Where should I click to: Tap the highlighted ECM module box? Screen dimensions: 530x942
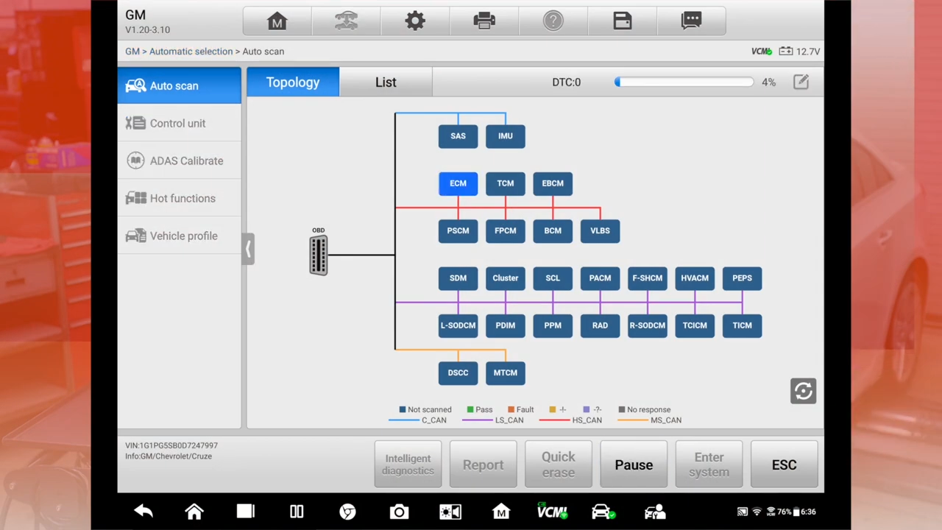coord(458,183)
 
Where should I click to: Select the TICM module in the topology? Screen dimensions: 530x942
coord(742,325)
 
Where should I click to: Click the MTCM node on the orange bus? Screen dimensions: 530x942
coord(505,372)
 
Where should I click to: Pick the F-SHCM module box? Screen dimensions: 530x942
coord(647,278)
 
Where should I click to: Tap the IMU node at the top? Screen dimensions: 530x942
coord(505,136)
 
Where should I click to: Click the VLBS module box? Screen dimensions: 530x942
coord(600,231)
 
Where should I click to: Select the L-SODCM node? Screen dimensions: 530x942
coord(458,325)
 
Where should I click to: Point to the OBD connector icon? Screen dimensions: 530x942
coord(318,255)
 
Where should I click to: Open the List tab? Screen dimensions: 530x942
coord(386,82)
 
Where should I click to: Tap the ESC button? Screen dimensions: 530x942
coord(784,465)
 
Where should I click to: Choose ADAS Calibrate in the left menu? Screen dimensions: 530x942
coord(185,160)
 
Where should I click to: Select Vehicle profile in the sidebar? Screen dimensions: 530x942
coord(183,236)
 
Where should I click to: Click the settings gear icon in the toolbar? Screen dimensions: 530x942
coord(415,21)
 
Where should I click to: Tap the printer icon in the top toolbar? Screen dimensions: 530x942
coord(484,21)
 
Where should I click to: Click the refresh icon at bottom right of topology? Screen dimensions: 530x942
coord(803,391)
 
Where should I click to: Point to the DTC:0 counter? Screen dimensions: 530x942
coord(566,82)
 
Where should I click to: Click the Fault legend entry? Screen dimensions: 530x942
coord(521,409)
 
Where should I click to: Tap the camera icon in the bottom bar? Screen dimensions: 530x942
coord(399,512)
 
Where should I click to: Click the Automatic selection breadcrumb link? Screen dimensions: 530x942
coord(191,52)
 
